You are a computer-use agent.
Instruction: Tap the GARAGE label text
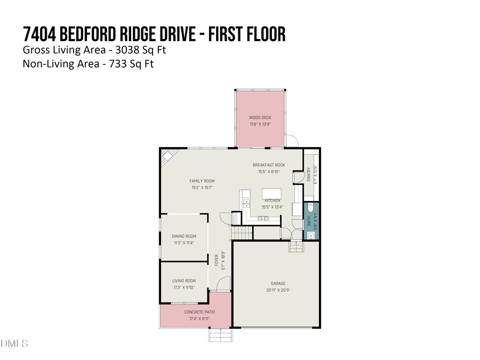coord(278,283)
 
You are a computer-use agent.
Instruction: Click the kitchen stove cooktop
coord(246,203)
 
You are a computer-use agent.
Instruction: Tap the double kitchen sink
coord(263,218)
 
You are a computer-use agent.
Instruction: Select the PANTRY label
coord(309,174)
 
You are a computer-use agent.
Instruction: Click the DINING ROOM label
coord(184,236)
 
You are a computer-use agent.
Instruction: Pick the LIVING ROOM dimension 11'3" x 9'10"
coord(184,287)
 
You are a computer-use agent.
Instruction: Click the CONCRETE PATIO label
coord(196,312)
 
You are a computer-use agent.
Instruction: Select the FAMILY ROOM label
coord(202,181)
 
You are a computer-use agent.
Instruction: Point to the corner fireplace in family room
coord(167,158)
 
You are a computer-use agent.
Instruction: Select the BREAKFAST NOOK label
coord(269,165)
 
